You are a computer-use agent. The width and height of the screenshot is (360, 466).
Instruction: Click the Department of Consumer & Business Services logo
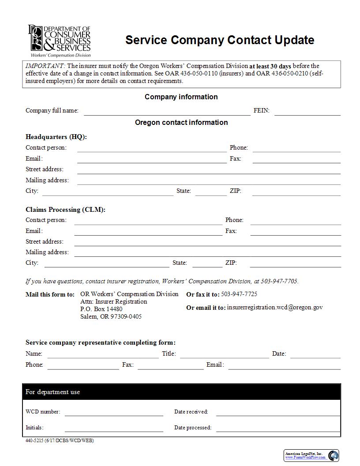click(60, 41)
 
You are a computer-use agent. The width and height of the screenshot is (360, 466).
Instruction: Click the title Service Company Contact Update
click(220, 40)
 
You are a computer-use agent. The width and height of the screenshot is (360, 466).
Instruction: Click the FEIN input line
click(307, 111)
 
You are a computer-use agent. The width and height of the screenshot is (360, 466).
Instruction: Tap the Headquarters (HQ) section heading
click(56, 137)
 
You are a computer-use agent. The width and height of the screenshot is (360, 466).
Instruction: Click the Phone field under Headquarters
click(296, 148)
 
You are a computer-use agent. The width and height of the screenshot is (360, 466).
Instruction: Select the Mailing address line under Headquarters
click(209, 180)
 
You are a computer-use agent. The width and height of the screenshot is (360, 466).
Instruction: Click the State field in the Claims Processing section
click(207, 263)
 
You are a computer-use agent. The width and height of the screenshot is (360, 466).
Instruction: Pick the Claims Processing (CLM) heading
click(65, 210)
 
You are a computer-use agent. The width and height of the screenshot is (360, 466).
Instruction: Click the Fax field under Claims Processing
click(296, 232)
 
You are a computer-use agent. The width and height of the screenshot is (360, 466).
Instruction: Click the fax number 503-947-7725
click(239, 294)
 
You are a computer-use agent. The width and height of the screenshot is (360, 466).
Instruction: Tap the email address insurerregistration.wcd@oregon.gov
click(274, 307)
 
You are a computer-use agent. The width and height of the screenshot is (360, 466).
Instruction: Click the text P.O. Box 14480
click(101, 309)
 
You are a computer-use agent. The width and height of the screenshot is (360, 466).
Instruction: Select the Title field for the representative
click(224, 354)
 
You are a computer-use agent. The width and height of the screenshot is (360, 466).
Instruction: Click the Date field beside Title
click(315, 354)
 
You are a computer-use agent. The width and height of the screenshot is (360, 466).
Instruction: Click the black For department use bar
click(181, 392)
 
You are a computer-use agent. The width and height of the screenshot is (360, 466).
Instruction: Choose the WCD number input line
click(113, 413)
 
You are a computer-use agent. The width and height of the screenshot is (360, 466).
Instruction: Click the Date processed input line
click(277, 428)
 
